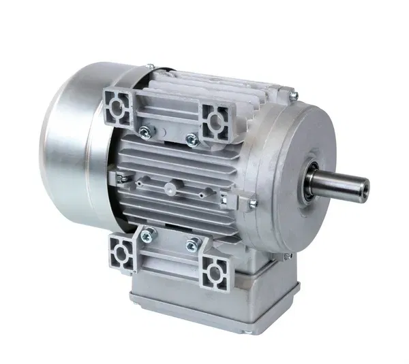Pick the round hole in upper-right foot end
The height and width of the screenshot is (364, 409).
click(217, 122)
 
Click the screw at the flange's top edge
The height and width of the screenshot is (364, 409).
click(292, 95)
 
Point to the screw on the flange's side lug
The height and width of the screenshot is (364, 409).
click(252, 202)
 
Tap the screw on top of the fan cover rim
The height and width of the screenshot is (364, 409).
click(151, 66)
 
